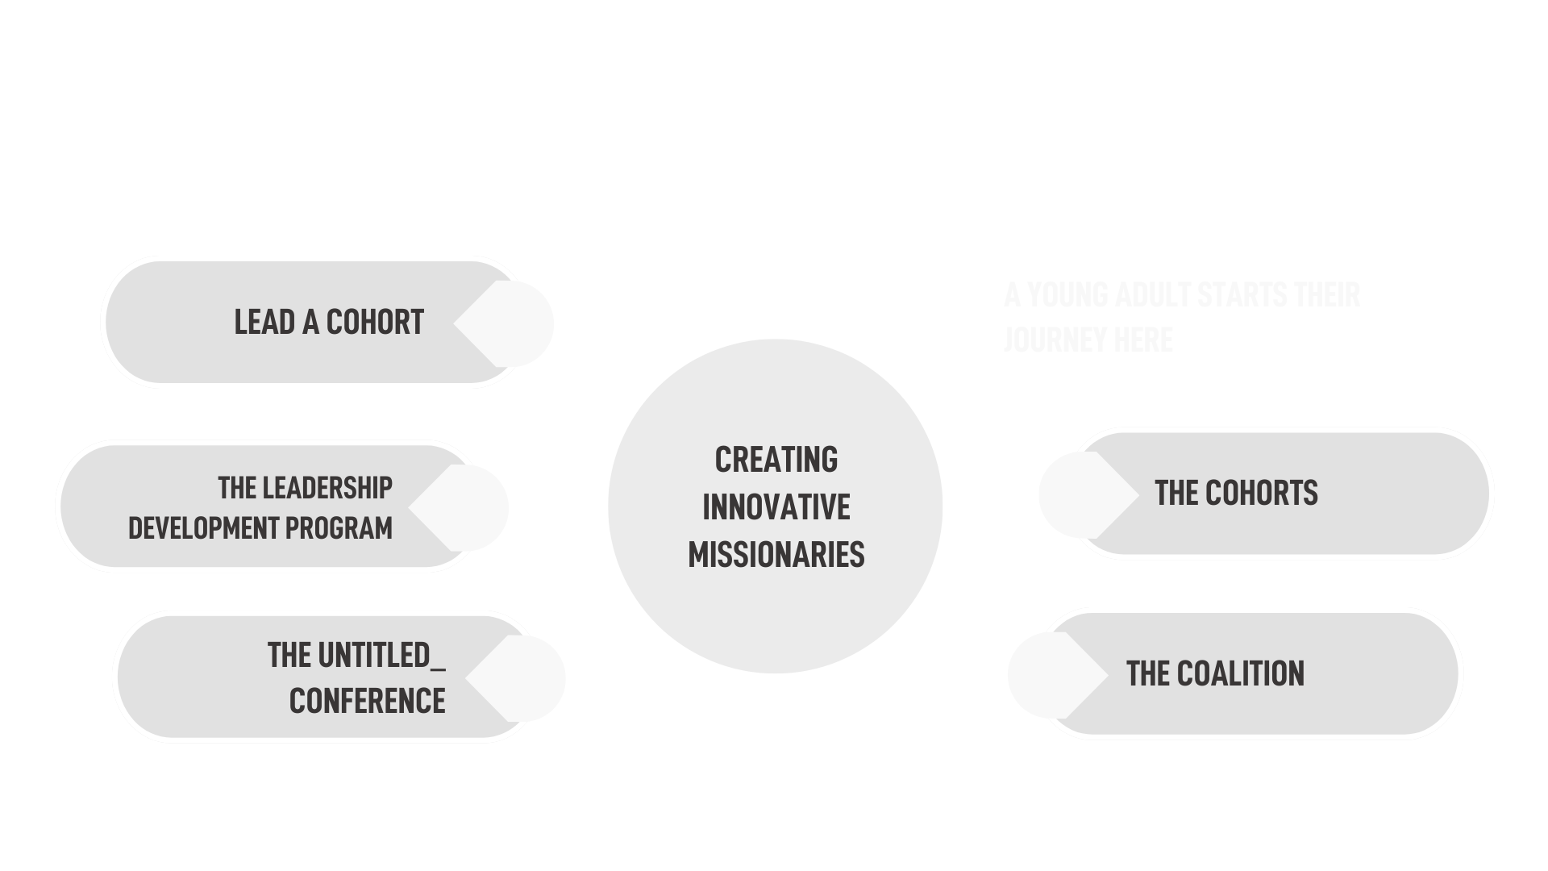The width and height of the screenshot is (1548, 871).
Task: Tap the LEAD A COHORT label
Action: (329, 323)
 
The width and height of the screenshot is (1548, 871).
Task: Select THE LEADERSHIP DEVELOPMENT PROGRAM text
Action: (261, 508)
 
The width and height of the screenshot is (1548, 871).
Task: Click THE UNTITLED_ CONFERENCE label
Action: (356, 678)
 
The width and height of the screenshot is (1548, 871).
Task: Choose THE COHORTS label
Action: (1236, 493)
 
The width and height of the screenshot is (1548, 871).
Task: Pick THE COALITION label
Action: (1215, 674)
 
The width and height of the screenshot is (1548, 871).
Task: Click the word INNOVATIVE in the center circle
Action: (776, 507)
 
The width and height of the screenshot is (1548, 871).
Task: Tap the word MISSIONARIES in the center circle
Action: (776, 555)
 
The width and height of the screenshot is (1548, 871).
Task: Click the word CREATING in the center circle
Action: (776, 460)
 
